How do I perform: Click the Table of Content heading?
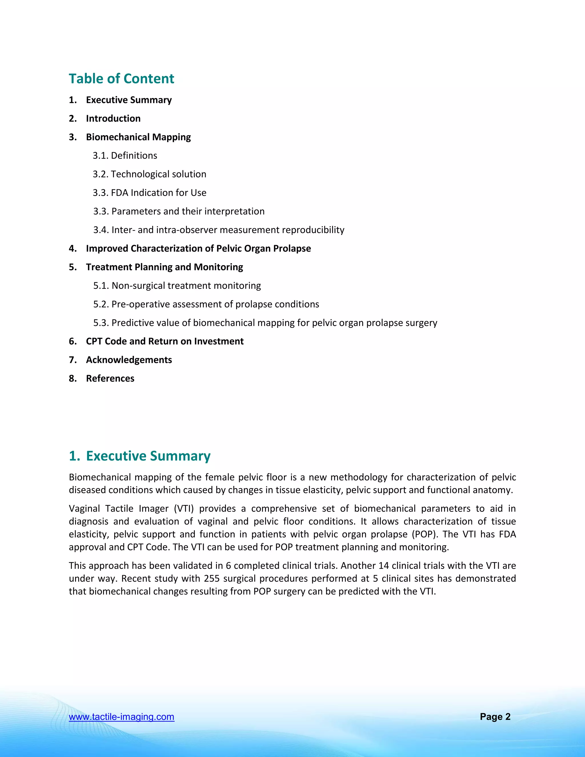pos(121,79)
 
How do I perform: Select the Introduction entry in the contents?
pos(113,119)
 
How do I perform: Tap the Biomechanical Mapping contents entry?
pos(138,137)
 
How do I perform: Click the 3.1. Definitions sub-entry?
pos(125,156)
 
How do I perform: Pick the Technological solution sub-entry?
pos(149,174)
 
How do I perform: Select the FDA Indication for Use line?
pos(149,193)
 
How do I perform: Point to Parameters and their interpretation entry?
pos(179,211)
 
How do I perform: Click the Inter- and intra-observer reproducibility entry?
pos(219,230)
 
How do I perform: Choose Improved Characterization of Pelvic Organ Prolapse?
pos(198,249)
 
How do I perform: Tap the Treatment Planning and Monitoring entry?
pos(164,267)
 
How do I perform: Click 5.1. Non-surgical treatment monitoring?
pos(177,286)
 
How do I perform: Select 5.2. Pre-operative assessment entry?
pos(206,304)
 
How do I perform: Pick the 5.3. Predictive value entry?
pos(265,323)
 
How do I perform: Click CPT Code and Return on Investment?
pos(165,341)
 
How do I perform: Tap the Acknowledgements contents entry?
pos(129,360)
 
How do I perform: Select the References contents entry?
pos(110,379)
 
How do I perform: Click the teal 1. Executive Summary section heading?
pos(140,456)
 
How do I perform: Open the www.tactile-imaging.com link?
pos(122,717)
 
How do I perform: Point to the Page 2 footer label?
pos(495,717)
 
